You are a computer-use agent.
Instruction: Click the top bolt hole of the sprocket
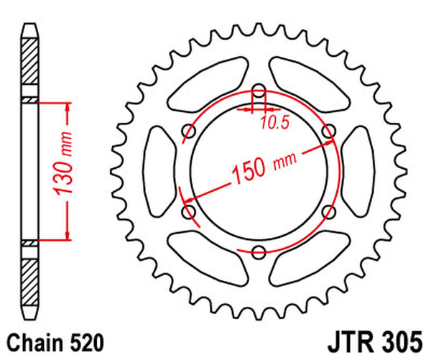tap(259, 91)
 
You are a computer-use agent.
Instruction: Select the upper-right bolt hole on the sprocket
tap(328, 131)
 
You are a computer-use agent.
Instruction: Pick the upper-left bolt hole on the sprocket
tap(190, 131)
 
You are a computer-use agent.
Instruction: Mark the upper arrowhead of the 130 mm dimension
tap(69, 108)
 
